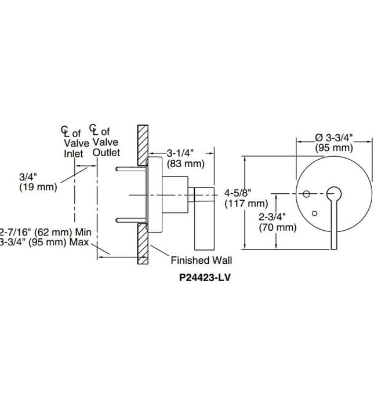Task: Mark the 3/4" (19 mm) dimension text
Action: coord(38,182)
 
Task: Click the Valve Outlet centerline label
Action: coord(104,142)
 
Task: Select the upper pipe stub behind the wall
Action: coord(131,170)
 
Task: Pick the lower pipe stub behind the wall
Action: coord(131,220)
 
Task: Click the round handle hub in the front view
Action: coord(333,194)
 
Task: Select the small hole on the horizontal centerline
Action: coord(307,194)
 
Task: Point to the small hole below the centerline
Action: coord(314,213)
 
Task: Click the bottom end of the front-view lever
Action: coord(333,246)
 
